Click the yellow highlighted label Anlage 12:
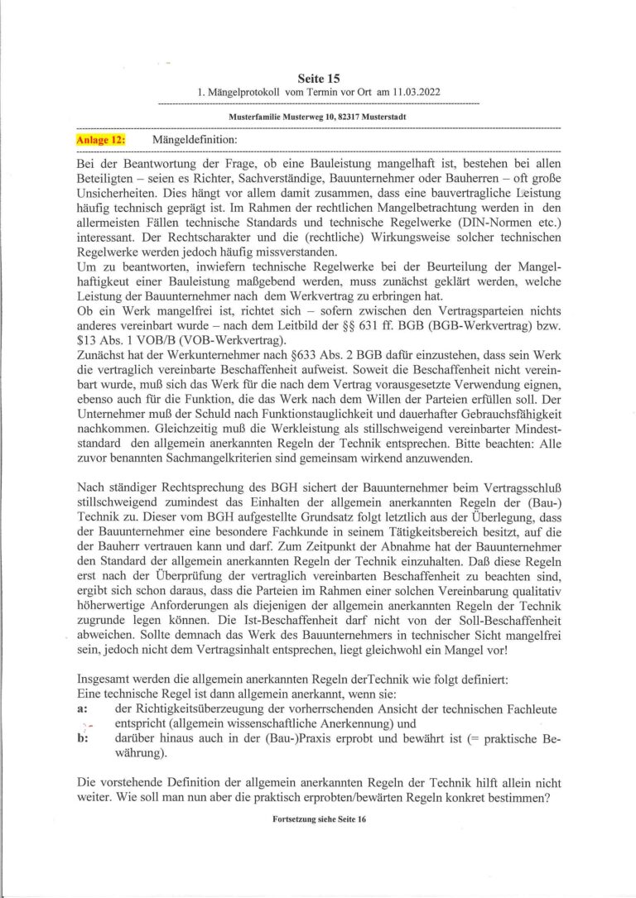[100, 140]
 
